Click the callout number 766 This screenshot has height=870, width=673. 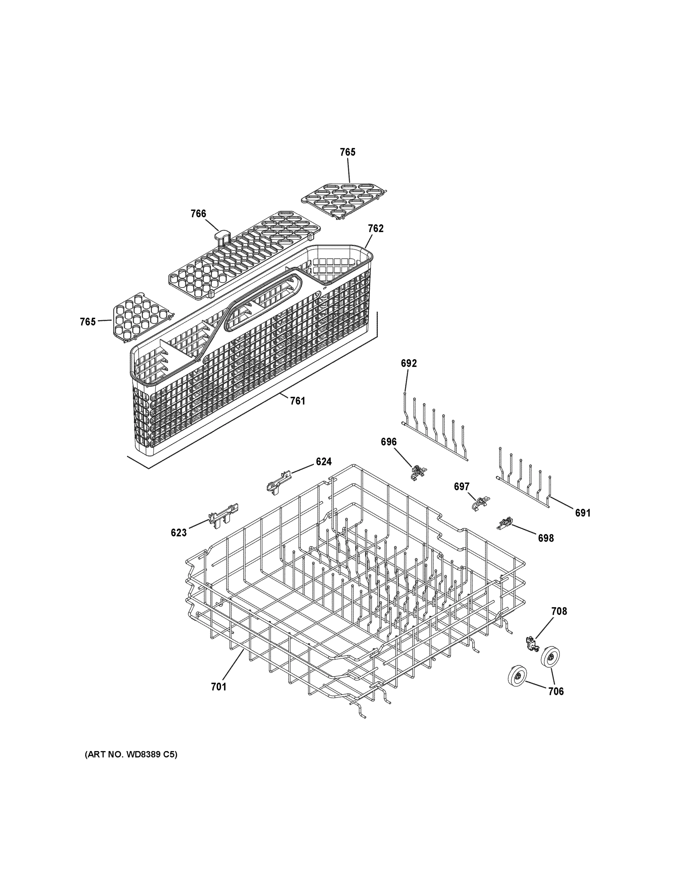pyautogui.click(x=198, y=214)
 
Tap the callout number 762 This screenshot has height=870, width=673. pyautogui.click(x=375, y=228)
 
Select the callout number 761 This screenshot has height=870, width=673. pyautogui.click(x=297, y=401)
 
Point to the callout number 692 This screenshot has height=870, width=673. pyautogui.click(x=409, y=363)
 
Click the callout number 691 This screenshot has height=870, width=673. pyautogui.click(x=583, y=513)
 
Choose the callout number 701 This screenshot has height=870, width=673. pyautogui.click(x=218, y=687)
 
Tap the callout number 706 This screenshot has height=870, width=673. pyautogui.click(x=556, y=692)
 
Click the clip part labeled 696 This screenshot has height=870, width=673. pyautogui.click(x=418, y=472)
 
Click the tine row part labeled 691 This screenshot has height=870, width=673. pyautogui.click(x=524, y=486)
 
